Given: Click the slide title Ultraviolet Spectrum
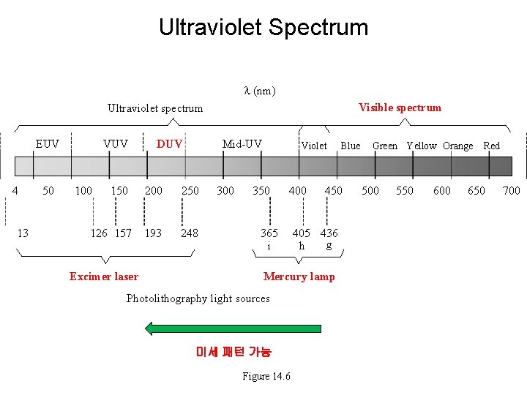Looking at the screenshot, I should coord(263,28).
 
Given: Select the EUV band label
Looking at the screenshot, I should coord(48,143).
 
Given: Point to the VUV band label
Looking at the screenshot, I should coord(116,143).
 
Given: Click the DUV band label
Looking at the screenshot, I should coord(170,144).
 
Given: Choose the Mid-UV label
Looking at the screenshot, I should coord(242,143).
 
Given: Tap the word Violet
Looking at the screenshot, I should coord(315,146).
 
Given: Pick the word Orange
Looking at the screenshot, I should coord(458,146).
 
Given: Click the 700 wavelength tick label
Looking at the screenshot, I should coord(511,191).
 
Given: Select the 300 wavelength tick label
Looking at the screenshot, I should coord(225,191).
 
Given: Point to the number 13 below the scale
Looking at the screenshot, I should coord(23,233).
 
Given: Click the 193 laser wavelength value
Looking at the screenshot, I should coord(153,233).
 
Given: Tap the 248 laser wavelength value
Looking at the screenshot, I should coord(190,233).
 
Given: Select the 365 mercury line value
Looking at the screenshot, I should coord(269,233).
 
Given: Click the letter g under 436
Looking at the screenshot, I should coord(329,246).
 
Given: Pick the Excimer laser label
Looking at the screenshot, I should coord(104,276).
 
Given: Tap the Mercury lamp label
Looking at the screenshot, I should coord(299,276).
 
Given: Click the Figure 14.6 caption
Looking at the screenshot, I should coord(266,376).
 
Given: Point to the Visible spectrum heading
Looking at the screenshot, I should coord(400,108).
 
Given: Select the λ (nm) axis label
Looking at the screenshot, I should coord(259,91).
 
